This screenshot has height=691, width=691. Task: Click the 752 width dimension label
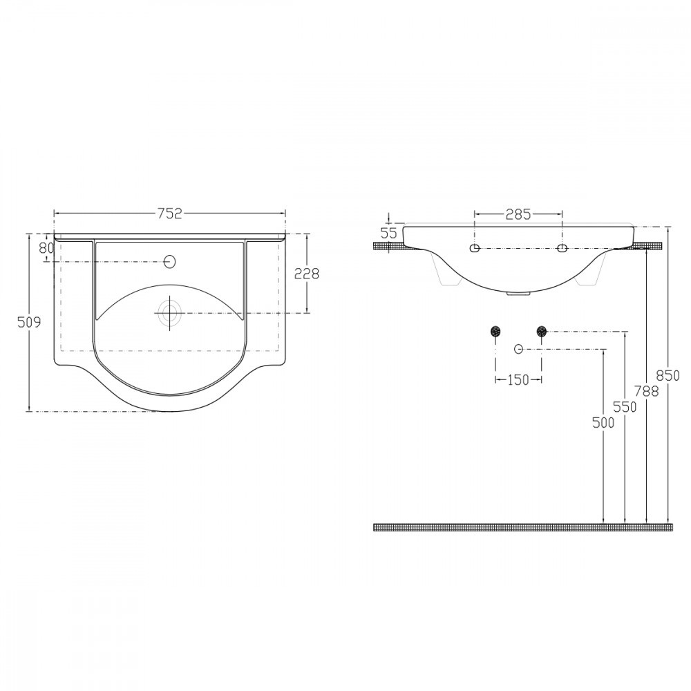169,214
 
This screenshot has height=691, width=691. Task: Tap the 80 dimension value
46,247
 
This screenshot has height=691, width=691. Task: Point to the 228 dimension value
307,274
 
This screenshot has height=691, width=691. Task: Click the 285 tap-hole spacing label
518,214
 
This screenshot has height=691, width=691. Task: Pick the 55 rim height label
390,233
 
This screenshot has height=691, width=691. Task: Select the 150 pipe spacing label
518,379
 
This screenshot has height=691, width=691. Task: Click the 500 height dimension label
603,424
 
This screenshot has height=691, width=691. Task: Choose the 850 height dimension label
669,375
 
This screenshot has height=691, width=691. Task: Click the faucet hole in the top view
170,262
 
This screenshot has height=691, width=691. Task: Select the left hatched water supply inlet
495,332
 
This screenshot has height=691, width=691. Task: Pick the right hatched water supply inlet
541,332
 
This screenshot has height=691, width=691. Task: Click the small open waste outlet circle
518,349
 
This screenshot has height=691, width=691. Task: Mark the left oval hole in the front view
475,248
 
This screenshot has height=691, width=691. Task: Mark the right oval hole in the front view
562,248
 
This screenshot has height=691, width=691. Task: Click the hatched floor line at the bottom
522,527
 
